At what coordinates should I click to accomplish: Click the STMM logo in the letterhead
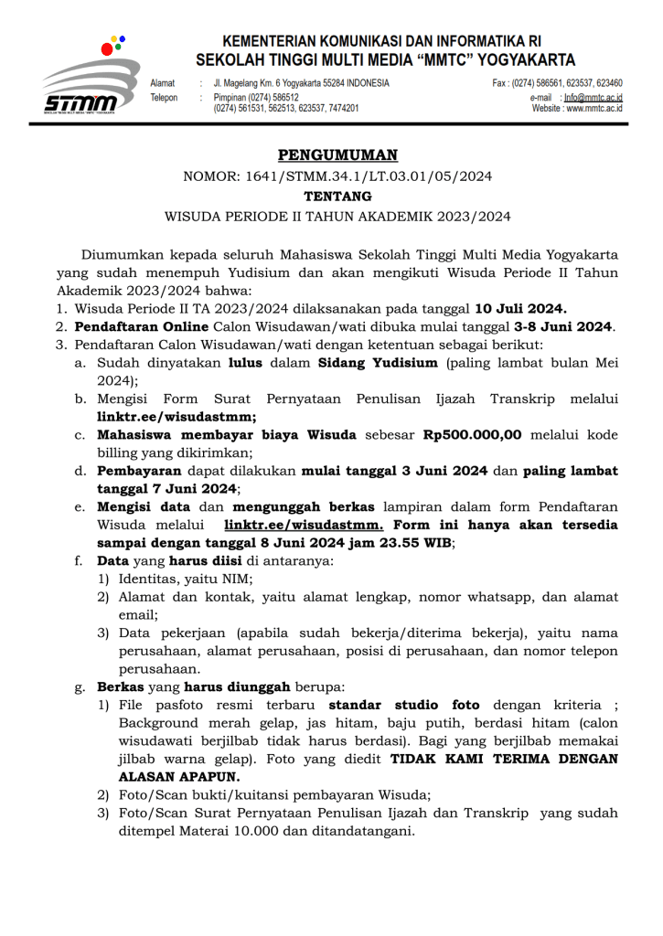tap(89, 79)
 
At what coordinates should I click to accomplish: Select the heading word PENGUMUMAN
tap(337, 155)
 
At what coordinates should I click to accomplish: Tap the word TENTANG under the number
tap(337, 196)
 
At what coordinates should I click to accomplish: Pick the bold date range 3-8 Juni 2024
tap(564, 326)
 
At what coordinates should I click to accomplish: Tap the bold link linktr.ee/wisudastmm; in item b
tap(176, 416)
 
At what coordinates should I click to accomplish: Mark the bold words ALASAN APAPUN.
tap(178, 777)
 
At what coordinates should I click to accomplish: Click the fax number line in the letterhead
tap(557, 83)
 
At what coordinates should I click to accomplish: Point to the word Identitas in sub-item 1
tap(148, 579)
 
